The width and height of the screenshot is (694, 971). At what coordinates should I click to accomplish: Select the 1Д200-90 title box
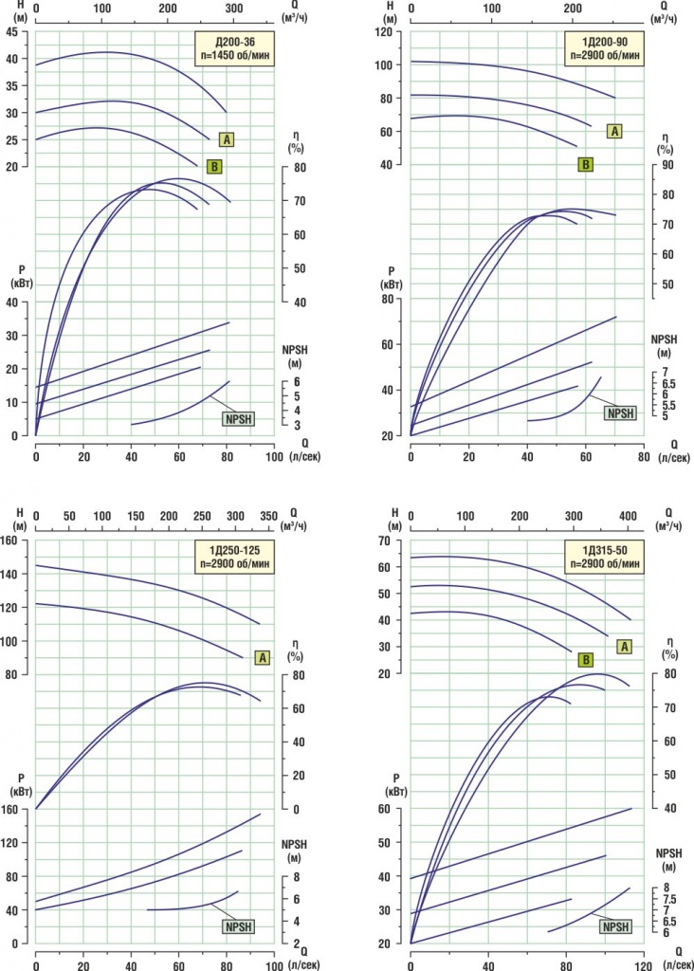605,46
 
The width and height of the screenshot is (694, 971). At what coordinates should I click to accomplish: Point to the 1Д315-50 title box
604,556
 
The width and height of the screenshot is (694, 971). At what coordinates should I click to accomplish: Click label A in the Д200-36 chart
226,139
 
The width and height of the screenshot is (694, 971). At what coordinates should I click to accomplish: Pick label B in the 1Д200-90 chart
586,164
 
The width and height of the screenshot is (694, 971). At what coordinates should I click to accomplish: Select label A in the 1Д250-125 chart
263,657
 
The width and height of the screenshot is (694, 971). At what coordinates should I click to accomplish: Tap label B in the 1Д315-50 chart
586,659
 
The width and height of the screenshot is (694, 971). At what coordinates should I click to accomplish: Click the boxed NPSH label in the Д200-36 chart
238,418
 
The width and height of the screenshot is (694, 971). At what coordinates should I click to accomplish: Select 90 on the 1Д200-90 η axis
667,165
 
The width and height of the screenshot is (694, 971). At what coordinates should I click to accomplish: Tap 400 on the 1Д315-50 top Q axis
627,516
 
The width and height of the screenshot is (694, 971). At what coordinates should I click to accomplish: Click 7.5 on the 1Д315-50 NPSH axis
669,899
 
